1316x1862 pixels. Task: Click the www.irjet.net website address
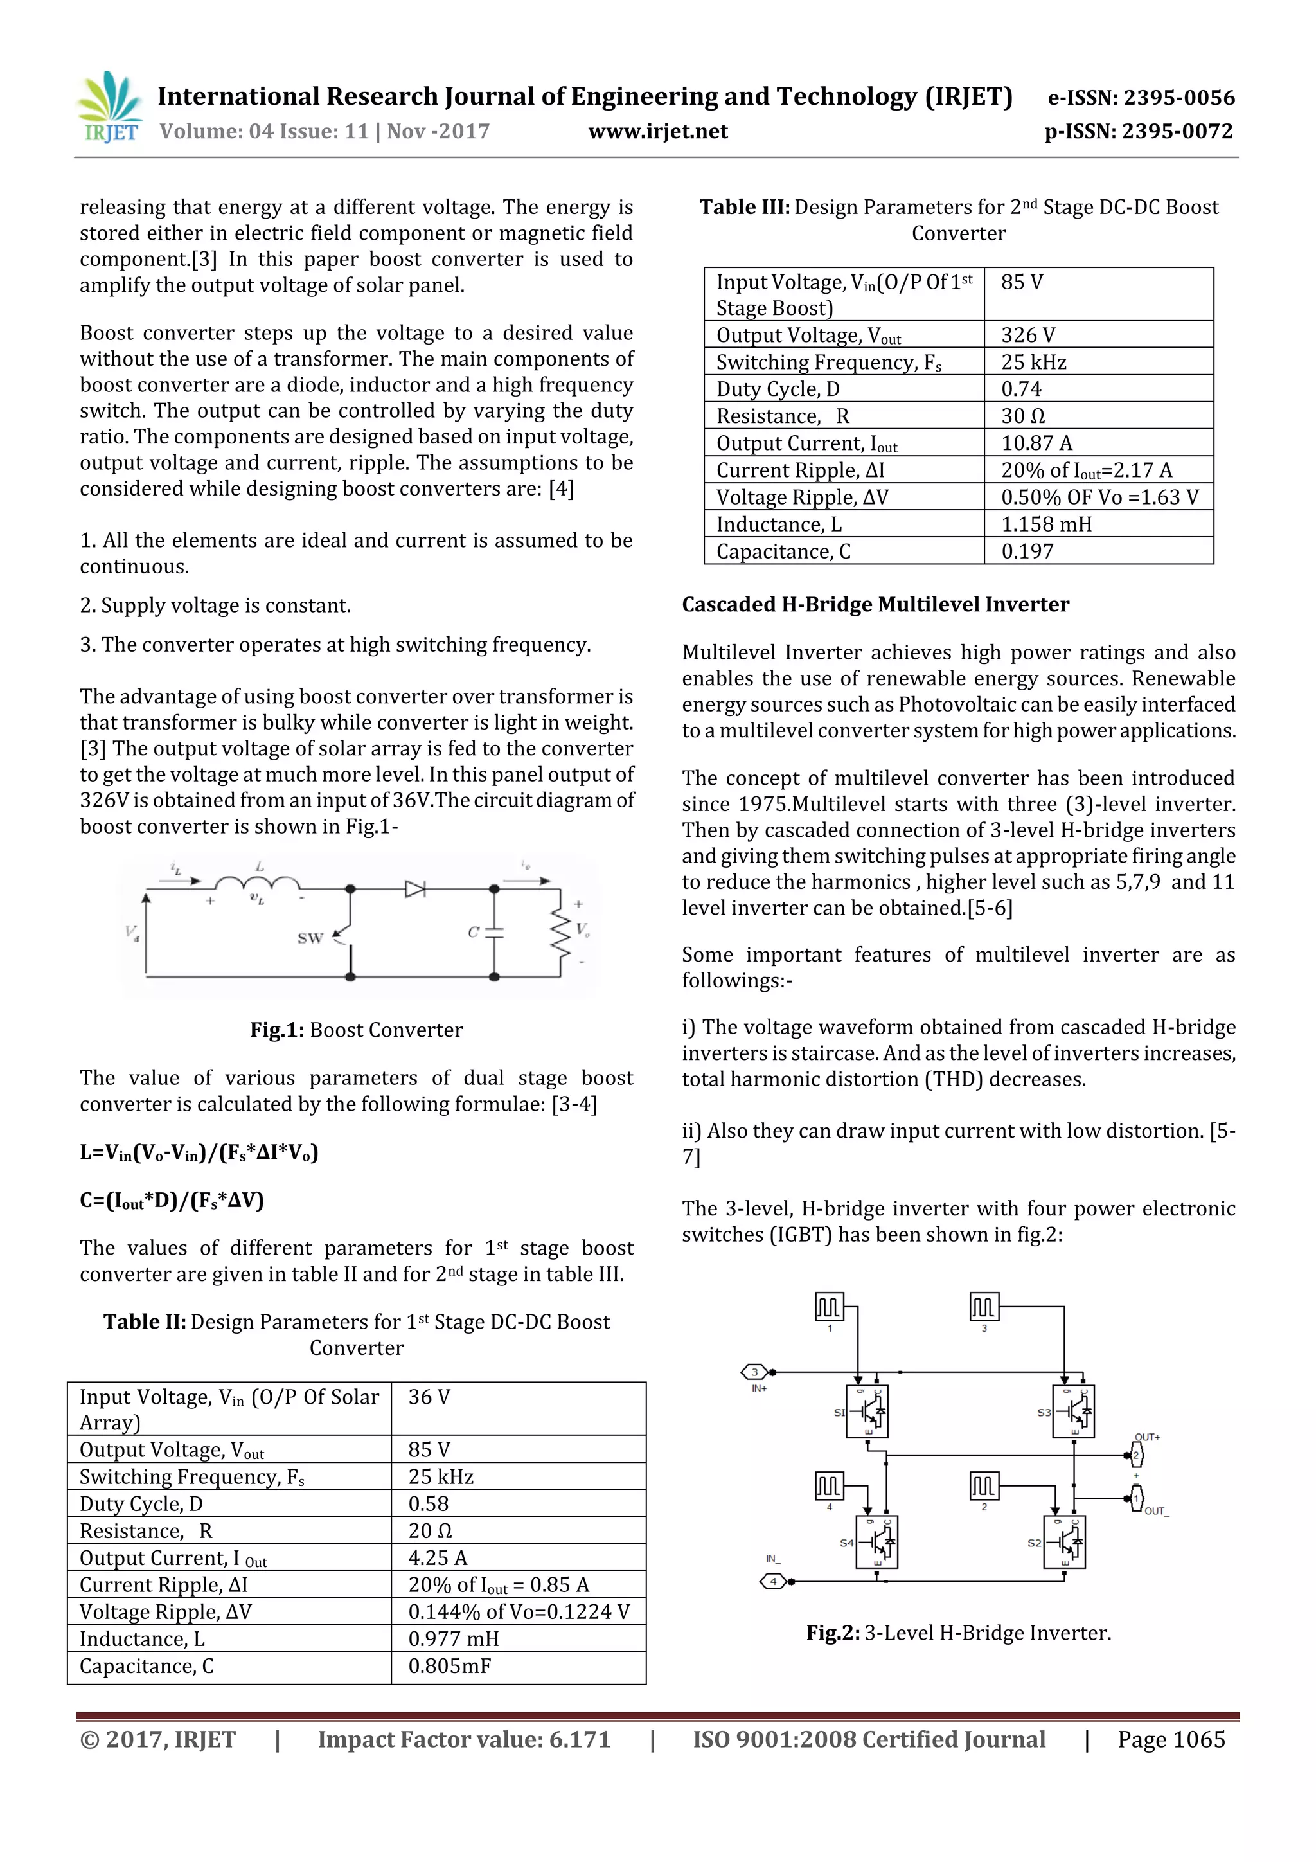[x=657, y=131]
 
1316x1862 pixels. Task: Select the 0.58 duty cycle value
[x=428, y=1503]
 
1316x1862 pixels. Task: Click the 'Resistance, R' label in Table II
[x=146, y=1530]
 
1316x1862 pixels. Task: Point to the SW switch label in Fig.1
[x=310, y=938]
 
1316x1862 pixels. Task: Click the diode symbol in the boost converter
[x=415, y=889]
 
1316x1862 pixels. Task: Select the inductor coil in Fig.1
[x=258, y=883]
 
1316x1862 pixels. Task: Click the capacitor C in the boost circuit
[x=493, y=932]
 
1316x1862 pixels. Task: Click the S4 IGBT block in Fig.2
[x=876, y=1542]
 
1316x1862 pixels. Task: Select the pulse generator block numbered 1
[x=829, y=1307]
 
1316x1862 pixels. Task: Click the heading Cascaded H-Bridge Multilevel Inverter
[x=875, y=604]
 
